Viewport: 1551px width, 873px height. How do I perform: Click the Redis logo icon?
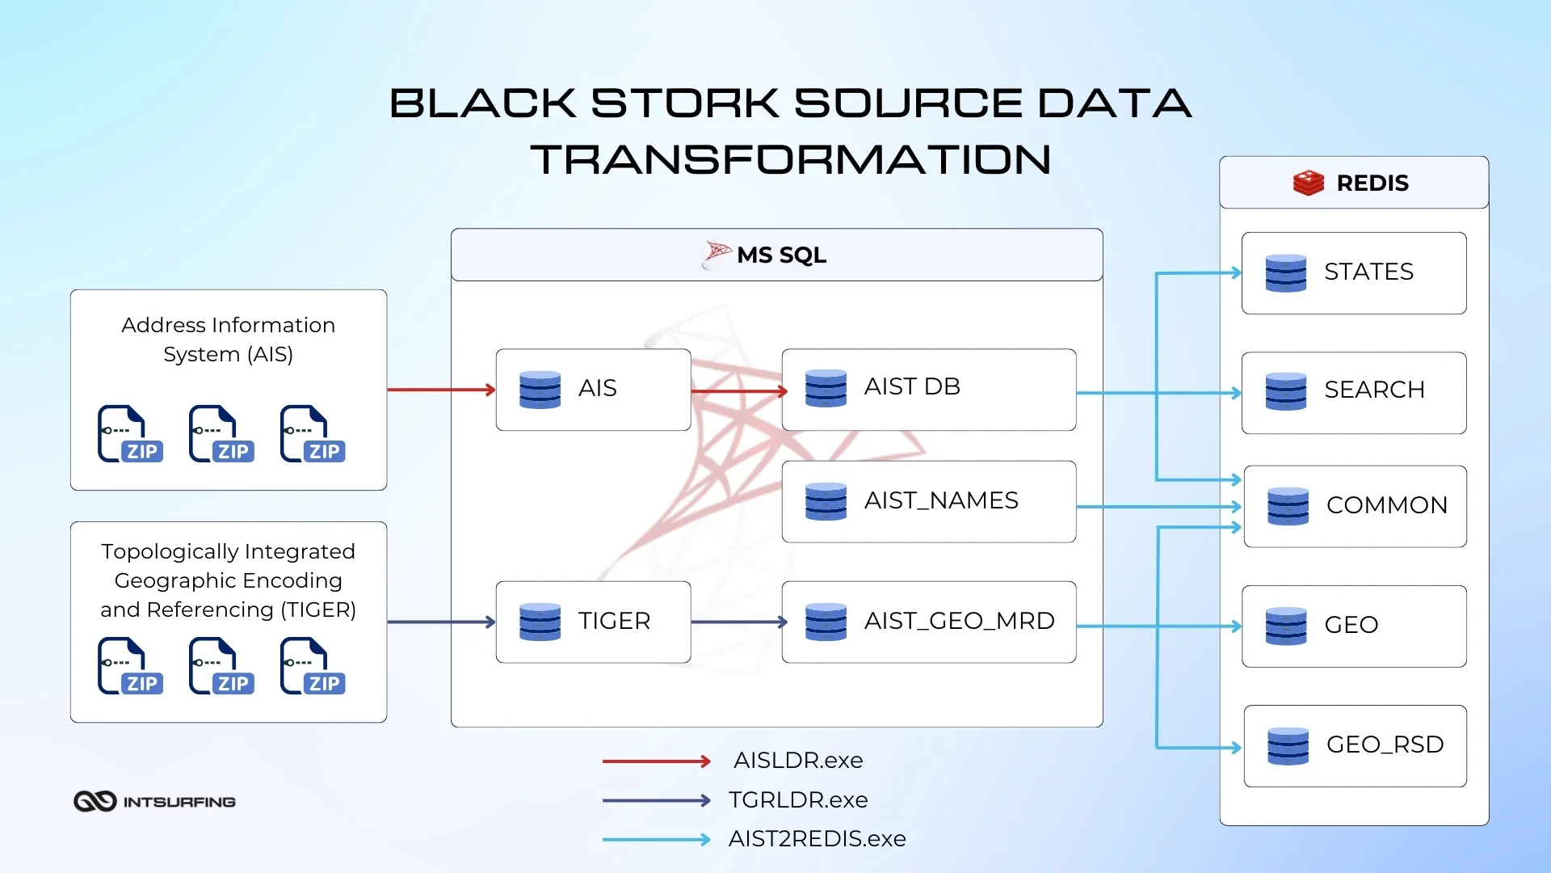pyautogui.click(x=1308, y=183)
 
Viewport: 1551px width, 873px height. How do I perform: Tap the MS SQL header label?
pyautogui.click(x=781, y=255)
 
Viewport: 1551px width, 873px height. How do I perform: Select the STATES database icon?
pyautogui.click(x=1285, y=273)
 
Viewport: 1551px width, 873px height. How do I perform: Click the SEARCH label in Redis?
pyautogui.click(x=1374, y=390)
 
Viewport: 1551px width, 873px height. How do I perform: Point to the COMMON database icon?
pyautogui.click(x=1288, y=507)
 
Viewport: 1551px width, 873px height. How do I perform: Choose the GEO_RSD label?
pyautogui.click(x=1385, y=744)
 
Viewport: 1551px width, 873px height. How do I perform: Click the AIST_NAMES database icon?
pyautogui.click(x=826, y=501)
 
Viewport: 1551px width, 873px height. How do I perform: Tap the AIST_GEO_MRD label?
pyautogui.click(x=959, y=621)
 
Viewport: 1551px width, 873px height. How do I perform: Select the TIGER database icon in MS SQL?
pyautogui.click(x=540, y=622)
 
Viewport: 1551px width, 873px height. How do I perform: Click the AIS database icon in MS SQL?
pyautogui.click(x=540, y=390)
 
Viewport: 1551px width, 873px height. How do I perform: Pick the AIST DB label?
pyautogui.click(x=912, y=386)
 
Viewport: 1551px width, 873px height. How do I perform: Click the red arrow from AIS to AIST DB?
pyautogui.click(x=738, y=391)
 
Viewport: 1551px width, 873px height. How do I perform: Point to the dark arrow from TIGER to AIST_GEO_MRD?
pyautogui.click(x=738, y=622)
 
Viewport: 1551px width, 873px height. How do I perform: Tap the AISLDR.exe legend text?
pyautogui.click(x=797, y=761)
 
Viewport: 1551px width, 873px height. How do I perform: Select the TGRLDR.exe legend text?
pyautogui.click(x=797, y=800)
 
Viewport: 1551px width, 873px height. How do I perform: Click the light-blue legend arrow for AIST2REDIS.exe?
pyautogui.click(x=656, y=840)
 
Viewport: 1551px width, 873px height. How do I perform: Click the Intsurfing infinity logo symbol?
pyautogui.click(x=95, y=801)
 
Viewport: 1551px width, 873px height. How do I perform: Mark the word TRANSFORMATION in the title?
pyautogui.click(x=791, y=160)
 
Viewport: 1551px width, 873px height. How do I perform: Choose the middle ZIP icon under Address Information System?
pyautogui.click(x=221, y=434)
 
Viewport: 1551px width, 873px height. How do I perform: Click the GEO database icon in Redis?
pyautogui.click(x=1285, y=626)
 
